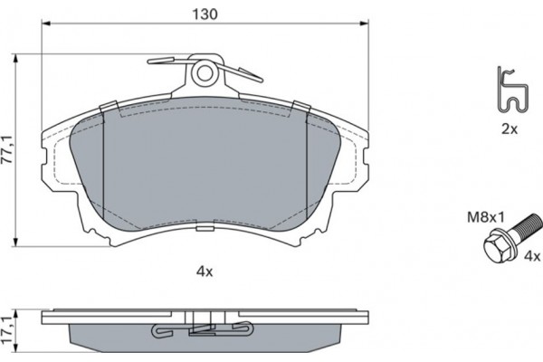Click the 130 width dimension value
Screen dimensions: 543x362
205,14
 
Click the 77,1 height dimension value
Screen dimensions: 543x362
7,149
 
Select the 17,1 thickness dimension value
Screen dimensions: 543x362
6,330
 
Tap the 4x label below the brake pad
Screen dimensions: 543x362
205,271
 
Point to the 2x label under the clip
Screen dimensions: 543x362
510,129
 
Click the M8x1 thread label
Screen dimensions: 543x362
486,217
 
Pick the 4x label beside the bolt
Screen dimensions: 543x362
532,256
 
